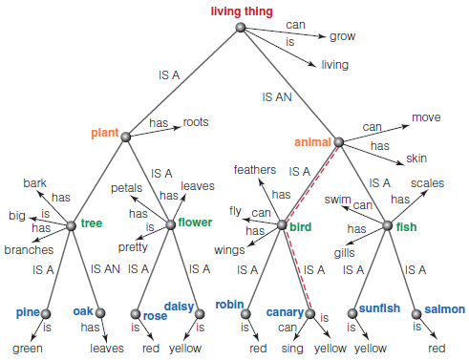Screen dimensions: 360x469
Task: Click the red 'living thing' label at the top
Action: click(242, 11)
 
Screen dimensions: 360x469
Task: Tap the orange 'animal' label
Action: click(312, 142)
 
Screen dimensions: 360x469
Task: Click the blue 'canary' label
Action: click(286, 311)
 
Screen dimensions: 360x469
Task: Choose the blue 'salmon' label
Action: click(445, 309)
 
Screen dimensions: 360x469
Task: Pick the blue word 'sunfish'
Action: click(380, 309)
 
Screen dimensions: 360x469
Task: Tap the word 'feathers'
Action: click(255, 169)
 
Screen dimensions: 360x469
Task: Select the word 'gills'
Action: click(344, 252)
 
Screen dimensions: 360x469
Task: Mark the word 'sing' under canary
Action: click(293, 349)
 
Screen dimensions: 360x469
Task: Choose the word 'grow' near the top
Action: click(342, 36)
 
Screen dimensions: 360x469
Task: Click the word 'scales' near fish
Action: click(427, 182)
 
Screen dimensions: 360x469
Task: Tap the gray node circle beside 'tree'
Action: click(71, 225)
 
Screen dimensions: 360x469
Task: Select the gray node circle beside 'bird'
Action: click(281, 225)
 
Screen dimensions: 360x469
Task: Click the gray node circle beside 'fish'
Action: click(388, 225)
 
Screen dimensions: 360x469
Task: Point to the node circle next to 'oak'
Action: click(100, 311)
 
